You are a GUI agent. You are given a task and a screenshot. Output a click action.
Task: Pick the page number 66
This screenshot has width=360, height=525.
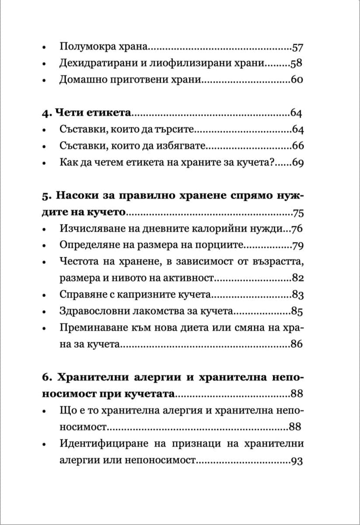tap(297, 146)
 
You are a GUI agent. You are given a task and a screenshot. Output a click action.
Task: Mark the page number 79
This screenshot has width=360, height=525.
tap(297, 245)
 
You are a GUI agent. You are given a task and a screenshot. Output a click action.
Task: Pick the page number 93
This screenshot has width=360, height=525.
tap(297, 461)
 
